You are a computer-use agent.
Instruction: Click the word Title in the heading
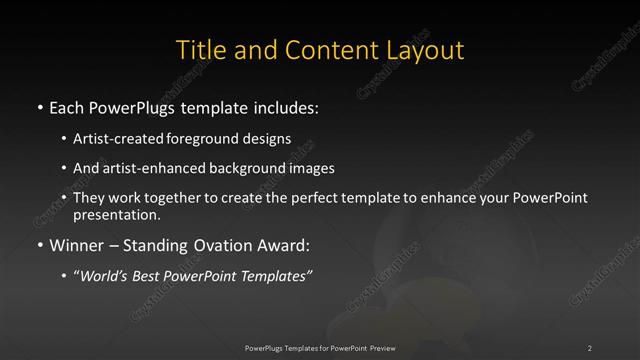198,50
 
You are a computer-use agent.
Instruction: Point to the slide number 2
590,347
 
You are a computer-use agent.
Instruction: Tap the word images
309,168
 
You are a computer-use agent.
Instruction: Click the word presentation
116,214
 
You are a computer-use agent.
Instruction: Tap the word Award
283,245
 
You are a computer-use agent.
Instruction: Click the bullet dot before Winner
39,245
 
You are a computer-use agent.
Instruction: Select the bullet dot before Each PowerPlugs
39,105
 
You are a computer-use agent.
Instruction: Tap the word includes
291,105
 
